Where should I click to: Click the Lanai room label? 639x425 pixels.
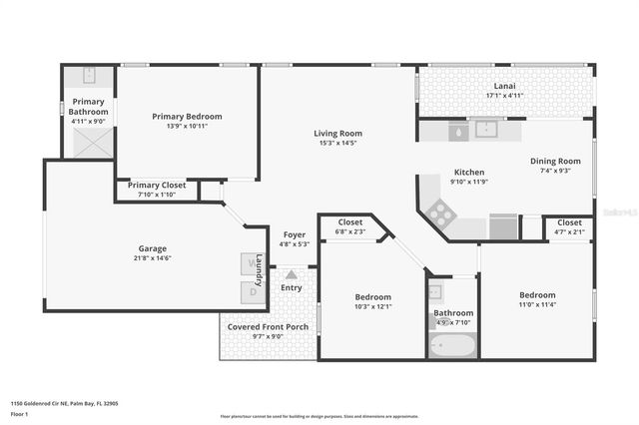pyautogui.click(x=504, y=86)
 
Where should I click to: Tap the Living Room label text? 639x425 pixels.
pyautogui.click(x=337, y=133)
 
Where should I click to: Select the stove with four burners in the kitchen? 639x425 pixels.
pyautogui.click(x=441, y=212)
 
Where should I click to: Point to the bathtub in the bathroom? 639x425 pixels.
pyautogui.click(x=452, y=344)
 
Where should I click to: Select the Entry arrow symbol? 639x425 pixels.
pyautogui.click(x=291, y=273)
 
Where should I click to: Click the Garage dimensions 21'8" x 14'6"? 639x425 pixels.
pyautogui.click(x=153, y=258)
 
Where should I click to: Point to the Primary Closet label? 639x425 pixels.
pyautogui.click(x=157, y=185)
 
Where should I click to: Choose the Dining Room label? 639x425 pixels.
pyautogui.click(x=555, y=161)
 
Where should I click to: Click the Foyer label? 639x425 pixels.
pyautogui.click(x=295, y=234)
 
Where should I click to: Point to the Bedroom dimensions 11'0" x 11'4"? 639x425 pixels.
pyautogui.click(x=537, y=305)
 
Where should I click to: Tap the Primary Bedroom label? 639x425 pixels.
pyautogui.click(x=187, y=117)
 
